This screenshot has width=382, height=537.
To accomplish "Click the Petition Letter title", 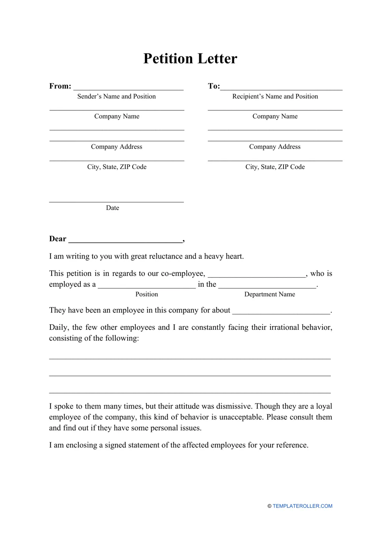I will click(x=190, y=59).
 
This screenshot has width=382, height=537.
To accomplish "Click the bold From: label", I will click(x=60, y=86).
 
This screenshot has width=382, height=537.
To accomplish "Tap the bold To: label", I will click(x=214, y=86).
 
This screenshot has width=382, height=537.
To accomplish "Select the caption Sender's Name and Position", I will click(x=117, y=97).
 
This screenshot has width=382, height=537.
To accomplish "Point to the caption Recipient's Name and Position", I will click(x=275, y=97).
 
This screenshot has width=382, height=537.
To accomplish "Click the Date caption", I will click(x=112, y=208).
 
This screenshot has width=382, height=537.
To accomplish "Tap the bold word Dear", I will click(x=57, y=239).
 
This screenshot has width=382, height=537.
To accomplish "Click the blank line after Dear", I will click(x=125, y=240).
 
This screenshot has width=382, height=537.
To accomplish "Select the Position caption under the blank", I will click(x=146, y=294).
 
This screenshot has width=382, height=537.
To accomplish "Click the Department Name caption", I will click(x=269, y=294).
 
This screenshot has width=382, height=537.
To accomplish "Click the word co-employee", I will click(x=184, y=274).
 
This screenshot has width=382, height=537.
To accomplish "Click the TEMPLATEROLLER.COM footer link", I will click(x=302, y=506).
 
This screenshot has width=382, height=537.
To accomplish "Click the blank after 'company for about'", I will click(x=281, y=311).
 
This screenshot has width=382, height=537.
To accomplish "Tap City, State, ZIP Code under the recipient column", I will click(x=275, y=167).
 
